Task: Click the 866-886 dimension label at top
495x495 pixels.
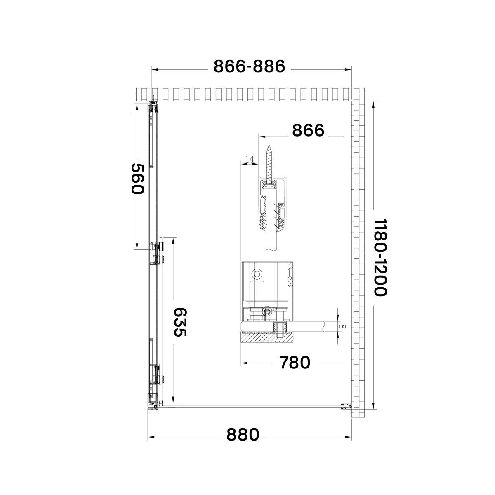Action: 249,66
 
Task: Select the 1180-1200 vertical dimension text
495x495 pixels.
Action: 380,257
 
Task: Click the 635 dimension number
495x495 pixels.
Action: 180,322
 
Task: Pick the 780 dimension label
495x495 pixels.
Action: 295,363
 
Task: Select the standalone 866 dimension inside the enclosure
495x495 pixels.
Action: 308,130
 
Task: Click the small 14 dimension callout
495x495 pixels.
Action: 250,159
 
